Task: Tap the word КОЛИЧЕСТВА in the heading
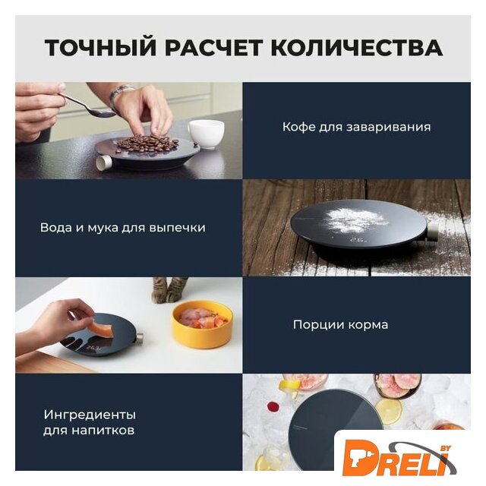(356, 47)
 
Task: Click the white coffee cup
(206, 134)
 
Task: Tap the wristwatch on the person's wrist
(120, 93)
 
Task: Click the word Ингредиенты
(90, 415)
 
